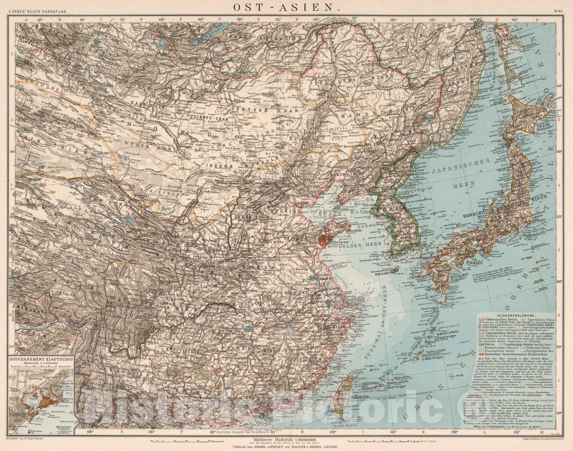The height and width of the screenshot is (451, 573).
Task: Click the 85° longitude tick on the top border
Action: click(40, 21)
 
